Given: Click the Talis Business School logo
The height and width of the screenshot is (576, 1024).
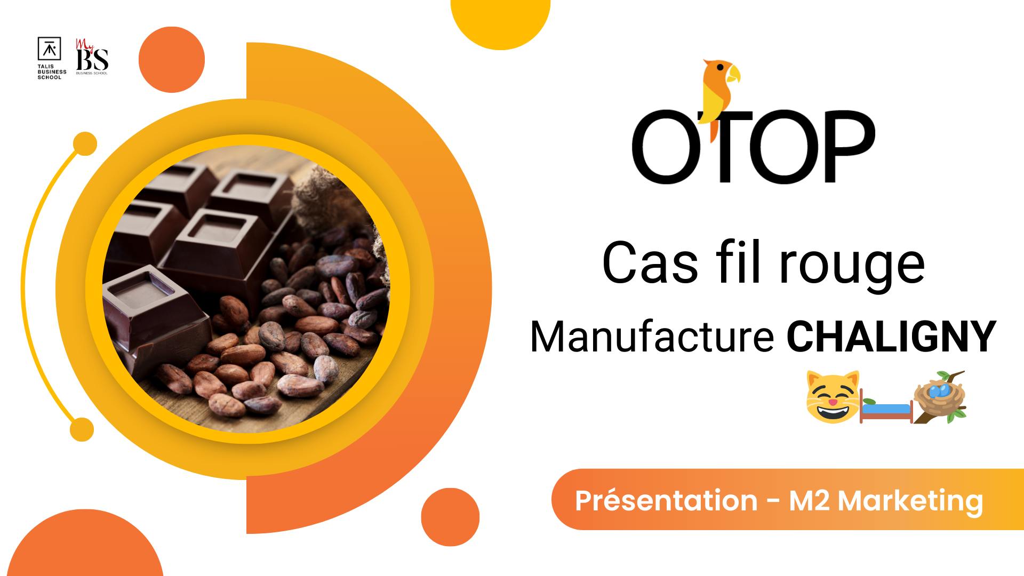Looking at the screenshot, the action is (52, 58).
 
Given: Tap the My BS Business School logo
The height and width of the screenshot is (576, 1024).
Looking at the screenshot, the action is (92, 57).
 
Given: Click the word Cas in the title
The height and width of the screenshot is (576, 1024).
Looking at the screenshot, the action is (650, 263).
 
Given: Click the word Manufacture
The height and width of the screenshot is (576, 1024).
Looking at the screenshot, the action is (652, 337).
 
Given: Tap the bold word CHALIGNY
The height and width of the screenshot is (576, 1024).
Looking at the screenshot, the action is (891, 337).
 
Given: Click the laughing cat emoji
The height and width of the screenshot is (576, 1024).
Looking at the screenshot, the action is (833, 397).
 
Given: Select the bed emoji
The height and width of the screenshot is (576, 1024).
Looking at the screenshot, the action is (886, 409).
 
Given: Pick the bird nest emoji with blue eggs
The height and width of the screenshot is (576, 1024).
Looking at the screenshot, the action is (940, 397).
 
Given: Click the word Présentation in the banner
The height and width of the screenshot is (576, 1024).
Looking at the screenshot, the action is (666, 501).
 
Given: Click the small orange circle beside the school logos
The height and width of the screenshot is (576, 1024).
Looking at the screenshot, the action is (172, 60).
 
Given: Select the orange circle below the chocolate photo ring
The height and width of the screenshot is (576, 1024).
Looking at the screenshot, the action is (450, 517).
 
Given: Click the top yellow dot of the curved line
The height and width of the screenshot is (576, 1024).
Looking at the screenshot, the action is (85, 143).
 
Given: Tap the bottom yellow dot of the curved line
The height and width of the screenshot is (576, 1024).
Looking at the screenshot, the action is (82, 429).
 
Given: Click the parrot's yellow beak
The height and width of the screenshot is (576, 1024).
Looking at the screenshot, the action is (734, 74).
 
